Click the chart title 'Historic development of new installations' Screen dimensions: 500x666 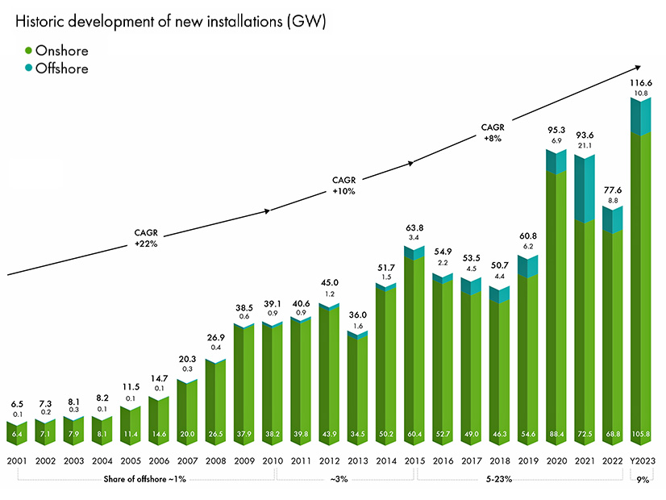click(x=169, y=23)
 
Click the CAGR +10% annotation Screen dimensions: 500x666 click(x=343, y=185)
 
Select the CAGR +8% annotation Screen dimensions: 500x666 click(x=492, y=132)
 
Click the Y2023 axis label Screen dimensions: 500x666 click(x=642, y=460)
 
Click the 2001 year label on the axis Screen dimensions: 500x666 click(x=19, y=460)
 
